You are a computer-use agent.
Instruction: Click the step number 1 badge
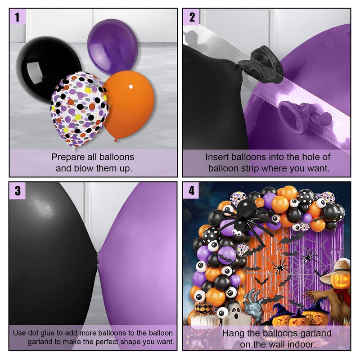[17, 17]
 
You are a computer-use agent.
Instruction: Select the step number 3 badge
[17, 190]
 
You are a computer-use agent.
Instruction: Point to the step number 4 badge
[191, 190]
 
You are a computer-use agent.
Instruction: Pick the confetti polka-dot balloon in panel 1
[79, 110]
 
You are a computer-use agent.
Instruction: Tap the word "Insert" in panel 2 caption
[217, 157]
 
